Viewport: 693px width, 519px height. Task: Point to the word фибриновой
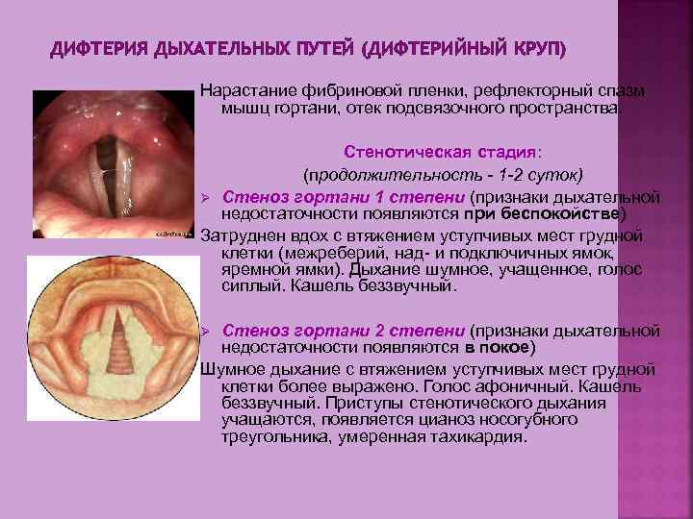tap(340, 90)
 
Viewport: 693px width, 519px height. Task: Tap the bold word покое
tap(502, 347)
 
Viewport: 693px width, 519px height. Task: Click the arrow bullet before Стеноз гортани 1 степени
tap(205, 197)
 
